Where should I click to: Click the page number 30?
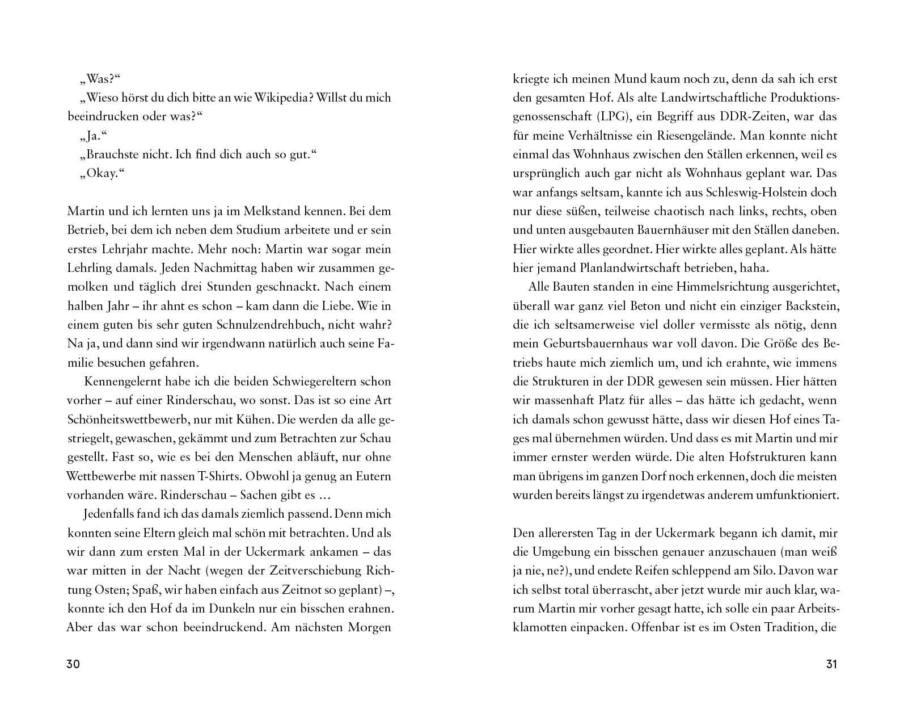click(x=74, y=664)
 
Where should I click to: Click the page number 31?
click(x=831, y=664)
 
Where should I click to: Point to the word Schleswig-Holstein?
click(x=751, y=192)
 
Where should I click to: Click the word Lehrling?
click(x=90, y=268)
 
